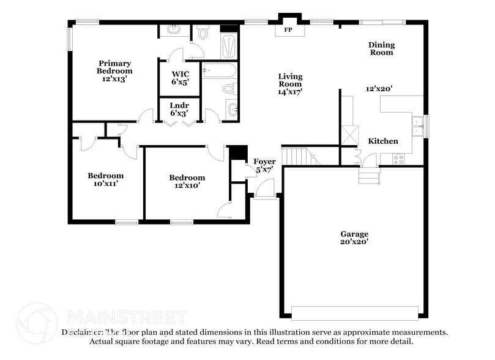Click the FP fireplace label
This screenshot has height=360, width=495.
[288, 29]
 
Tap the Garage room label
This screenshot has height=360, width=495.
[354, 234]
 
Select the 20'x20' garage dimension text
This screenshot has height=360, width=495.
[354, 242]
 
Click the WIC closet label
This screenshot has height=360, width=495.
[179, 73]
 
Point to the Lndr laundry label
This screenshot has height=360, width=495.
[179, 105]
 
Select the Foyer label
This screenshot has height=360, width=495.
[264, 162]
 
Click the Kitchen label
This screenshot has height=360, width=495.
[383, 141]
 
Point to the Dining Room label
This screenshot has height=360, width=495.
[381, 48]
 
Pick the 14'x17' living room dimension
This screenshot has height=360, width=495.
[290, 91]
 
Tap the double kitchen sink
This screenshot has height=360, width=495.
[418, 126]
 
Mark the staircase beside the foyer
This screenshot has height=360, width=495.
[297, 156]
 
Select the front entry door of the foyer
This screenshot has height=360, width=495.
[264, 196]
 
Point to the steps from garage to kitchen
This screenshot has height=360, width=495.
[369, 177]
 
